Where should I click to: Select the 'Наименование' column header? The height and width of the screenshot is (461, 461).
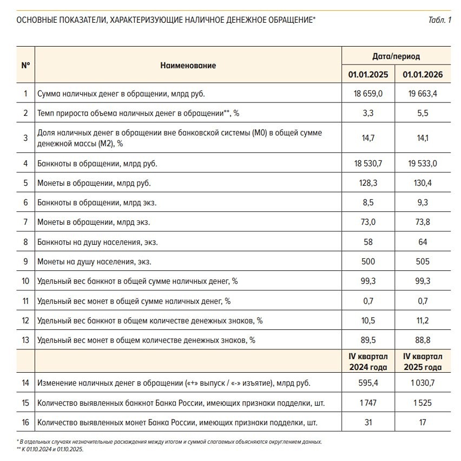tap(188, 66)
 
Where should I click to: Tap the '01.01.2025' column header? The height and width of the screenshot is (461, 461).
tap(368, 75)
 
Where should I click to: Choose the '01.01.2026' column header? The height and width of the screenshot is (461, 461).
tap(423, 75)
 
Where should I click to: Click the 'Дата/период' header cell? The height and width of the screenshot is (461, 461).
tap(396, 56)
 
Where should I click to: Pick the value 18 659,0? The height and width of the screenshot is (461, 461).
tap(368, 94)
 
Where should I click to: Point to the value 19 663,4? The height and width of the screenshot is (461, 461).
tap(423, 94)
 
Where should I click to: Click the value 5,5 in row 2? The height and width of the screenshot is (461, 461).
tap(423, 113)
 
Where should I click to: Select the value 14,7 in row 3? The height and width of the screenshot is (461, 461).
tap(368, 138)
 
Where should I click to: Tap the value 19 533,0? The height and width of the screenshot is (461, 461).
tap(423, 163)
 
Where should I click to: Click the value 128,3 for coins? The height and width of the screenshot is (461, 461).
tap(368, 183)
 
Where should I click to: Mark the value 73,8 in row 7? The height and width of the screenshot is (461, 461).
tap(423, 222)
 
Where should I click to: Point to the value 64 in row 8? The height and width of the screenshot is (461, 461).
tap(423, 242)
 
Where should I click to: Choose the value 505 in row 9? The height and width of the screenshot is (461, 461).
tap(423, 262)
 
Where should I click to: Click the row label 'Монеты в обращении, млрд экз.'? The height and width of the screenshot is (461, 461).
tap(94, 222)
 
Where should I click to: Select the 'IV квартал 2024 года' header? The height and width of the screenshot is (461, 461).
tap(368, 362)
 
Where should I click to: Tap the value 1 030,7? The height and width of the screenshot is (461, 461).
tap(423, 383)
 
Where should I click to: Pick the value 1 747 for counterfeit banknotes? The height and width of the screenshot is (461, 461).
tap(368, 402)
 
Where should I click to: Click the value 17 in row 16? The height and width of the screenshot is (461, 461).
tap(423, 422)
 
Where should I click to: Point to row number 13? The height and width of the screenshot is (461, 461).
tap(25, 340)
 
